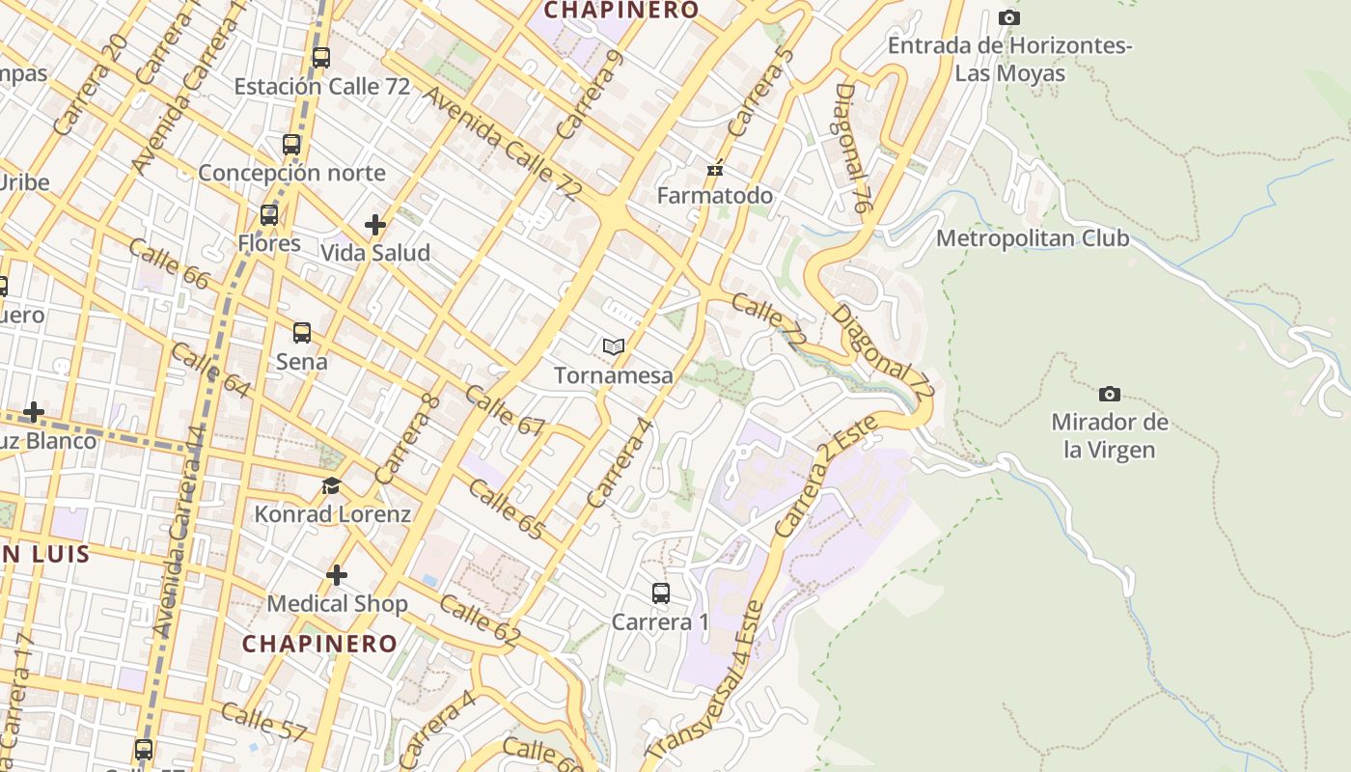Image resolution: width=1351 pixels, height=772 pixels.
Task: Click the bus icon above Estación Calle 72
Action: pyautogui.click(x=321, y=58)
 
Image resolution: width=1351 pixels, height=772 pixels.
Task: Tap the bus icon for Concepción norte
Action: pyautogui.click(x=291, y=145)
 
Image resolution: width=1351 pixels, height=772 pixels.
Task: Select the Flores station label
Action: pyautogui.click(x=269, y=243)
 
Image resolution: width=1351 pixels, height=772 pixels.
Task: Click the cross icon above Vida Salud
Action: pyautogui.click(x=375, y=225)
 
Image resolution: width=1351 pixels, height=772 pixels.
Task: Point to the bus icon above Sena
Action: pyautogui.click(x=302, y=333)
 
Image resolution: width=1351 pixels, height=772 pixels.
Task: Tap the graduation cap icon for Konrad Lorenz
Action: pyautogui.click(x=332, y=485)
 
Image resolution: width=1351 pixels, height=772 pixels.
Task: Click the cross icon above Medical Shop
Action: pyautogui.click(x=337, y=575)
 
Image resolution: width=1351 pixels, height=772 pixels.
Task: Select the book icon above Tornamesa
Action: pyautogui.click(x=614, y=346)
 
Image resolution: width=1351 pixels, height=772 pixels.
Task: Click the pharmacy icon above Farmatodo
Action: pyautogui.click(x=715, y=169)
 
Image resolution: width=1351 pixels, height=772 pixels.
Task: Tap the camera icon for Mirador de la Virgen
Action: pyautogui.click(x=1110, y=394)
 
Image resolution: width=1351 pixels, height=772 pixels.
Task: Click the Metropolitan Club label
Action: pyautogui.click(x=1033, y=238)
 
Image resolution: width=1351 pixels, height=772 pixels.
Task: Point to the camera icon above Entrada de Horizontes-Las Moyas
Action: pyautogui.click(x=1009, y=17)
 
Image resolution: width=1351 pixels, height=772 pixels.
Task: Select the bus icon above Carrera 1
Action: pyautogui.click(x=661, y=593)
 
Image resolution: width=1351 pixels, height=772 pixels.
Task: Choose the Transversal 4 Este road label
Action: pyautogui.click(x=704, y=681)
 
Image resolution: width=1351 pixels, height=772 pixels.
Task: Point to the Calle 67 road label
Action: pyautogui.click(x=505, y=411)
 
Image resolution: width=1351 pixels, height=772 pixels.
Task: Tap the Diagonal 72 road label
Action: pyautogui.click(x=883, y=353)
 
